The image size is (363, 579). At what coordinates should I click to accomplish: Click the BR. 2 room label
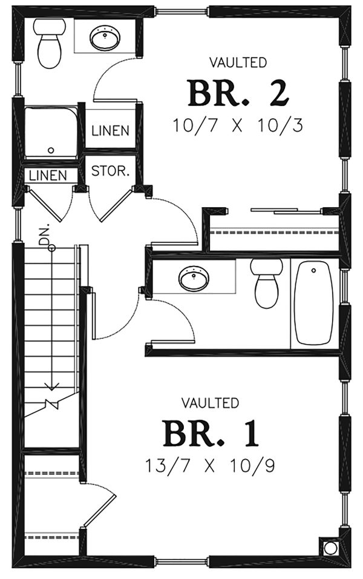coord(237,93)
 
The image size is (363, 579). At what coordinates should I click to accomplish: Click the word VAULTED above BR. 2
coord(237,62)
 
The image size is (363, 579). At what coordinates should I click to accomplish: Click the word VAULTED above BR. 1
coord(210,402)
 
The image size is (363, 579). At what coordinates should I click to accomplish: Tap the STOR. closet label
coord(110,171)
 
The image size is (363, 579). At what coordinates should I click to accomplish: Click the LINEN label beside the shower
coord(110,130)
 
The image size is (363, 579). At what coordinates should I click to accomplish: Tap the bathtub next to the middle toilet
coord(313,303)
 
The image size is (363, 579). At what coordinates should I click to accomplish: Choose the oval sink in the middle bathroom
coord(194,279)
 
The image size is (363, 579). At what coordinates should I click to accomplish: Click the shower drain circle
coord(51,150)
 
